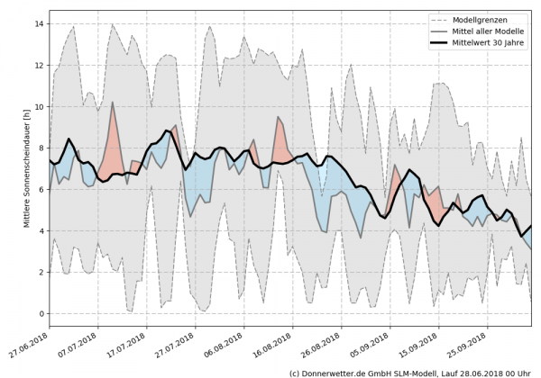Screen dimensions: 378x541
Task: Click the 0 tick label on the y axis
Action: click(x=41, y=314)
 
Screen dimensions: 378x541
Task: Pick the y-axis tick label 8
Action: click(x=41, y=148)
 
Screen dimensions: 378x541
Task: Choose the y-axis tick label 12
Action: click(x=40, y=66)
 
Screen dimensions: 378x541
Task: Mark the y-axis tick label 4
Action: click(x=41, y=231)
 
